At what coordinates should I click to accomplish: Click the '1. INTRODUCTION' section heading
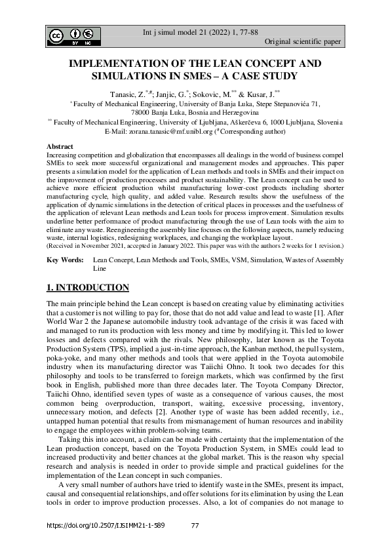pos(88,287)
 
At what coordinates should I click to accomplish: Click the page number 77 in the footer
pos(195,526)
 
